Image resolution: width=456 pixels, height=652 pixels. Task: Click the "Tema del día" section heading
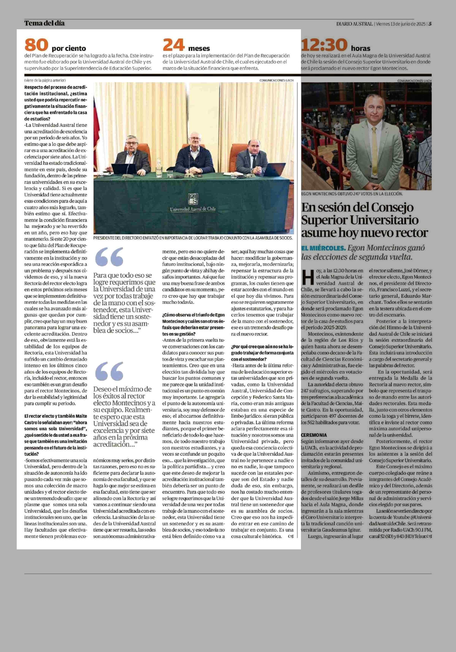click(x=44, y=23)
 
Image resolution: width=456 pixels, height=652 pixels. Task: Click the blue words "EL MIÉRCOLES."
click(x=324, y=248)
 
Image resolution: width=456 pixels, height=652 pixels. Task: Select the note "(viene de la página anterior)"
click(x=45, y=80)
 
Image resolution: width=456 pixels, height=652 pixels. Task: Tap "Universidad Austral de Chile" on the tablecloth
click(x=193, y=209)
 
